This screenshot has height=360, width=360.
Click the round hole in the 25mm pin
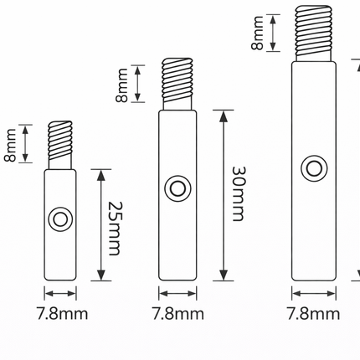pyautogui.click(x=59, y=220)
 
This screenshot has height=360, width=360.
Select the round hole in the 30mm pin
pyautogui.click(x=177, y=188)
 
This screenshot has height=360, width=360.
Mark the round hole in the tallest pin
pyautogui.click(x=314, y=167)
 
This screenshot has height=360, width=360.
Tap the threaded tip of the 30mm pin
pyautogui.click(x=177, y=84)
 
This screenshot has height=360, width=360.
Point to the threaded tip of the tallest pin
pyautogui.click(x=314, y=33)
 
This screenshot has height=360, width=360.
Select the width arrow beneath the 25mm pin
pyautogui.click(x=60, y=293)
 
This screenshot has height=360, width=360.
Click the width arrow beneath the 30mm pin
pyautogui.click(x=177, y=293)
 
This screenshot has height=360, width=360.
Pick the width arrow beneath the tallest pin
pyautogui.click(x=314, y=293)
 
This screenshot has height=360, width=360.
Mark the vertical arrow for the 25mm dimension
pyautogui.click(x=100, y=224)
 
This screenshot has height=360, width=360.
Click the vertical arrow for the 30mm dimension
pyautogui.click(x=223, y=195)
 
